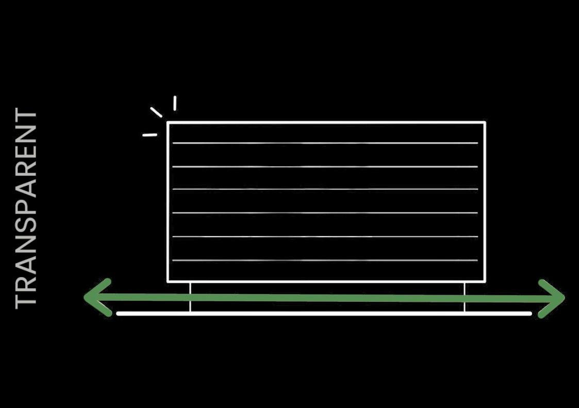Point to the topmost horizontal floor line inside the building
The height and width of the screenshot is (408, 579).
tap(325, 143)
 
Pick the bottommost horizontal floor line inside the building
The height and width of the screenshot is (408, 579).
tap(325, 260)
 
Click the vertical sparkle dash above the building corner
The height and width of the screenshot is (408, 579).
tap(175, 103)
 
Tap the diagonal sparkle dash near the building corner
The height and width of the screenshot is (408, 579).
tap(156, 112)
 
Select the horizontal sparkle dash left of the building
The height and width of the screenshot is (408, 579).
tap(150, 135)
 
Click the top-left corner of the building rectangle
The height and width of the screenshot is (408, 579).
tap(168, 123)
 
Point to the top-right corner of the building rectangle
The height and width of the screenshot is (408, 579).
tap(485, 123)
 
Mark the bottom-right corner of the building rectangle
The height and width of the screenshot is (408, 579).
tap(485, 281)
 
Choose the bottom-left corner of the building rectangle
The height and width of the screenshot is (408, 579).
tap(168, 281)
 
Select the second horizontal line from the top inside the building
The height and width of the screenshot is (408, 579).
tap(325, 167)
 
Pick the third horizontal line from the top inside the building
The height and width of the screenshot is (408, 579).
tap(325, 189)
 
